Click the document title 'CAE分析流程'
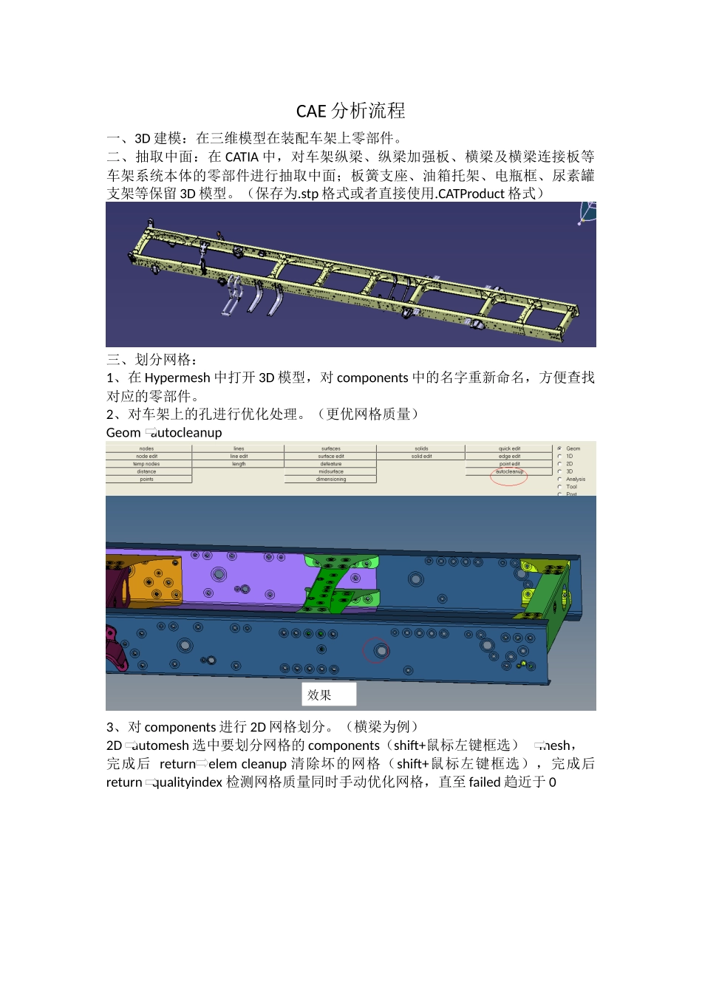(350, 111)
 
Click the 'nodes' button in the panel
(146, 448)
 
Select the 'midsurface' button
(330, 471)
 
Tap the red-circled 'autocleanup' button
(509, 471)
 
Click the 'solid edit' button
(421, 457)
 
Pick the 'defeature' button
(330, 464)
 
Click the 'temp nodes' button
(146, 464)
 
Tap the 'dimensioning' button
(330, 480)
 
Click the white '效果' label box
(329, 695)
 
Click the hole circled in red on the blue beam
(381, 651)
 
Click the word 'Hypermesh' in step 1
(177, 378)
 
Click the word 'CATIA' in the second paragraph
(242, 157)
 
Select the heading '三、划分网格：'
(152, 360)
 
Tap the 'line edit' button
(239, 457)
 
